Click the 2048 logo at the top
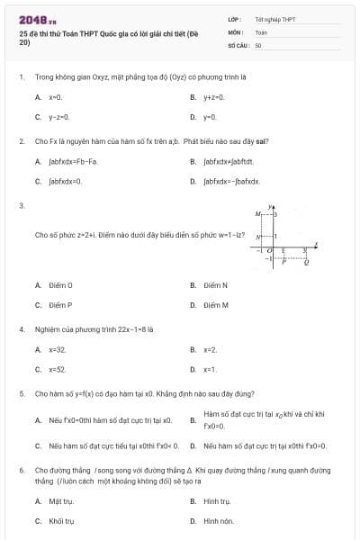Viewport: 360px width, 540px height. tap(37, 19)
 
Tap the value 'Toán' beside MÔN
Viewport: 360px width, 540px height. tap(261, 31)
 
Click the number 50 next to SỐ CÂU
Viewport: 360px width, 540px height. tap(258, 44)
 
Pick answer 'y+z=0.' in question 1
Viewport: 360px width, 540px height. tap(213, 96)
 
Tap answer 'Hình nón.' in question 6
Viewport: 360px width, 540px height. tap(218, 521)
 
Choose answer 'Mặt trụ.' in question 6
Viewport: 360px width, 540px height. tap(61, 501)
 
